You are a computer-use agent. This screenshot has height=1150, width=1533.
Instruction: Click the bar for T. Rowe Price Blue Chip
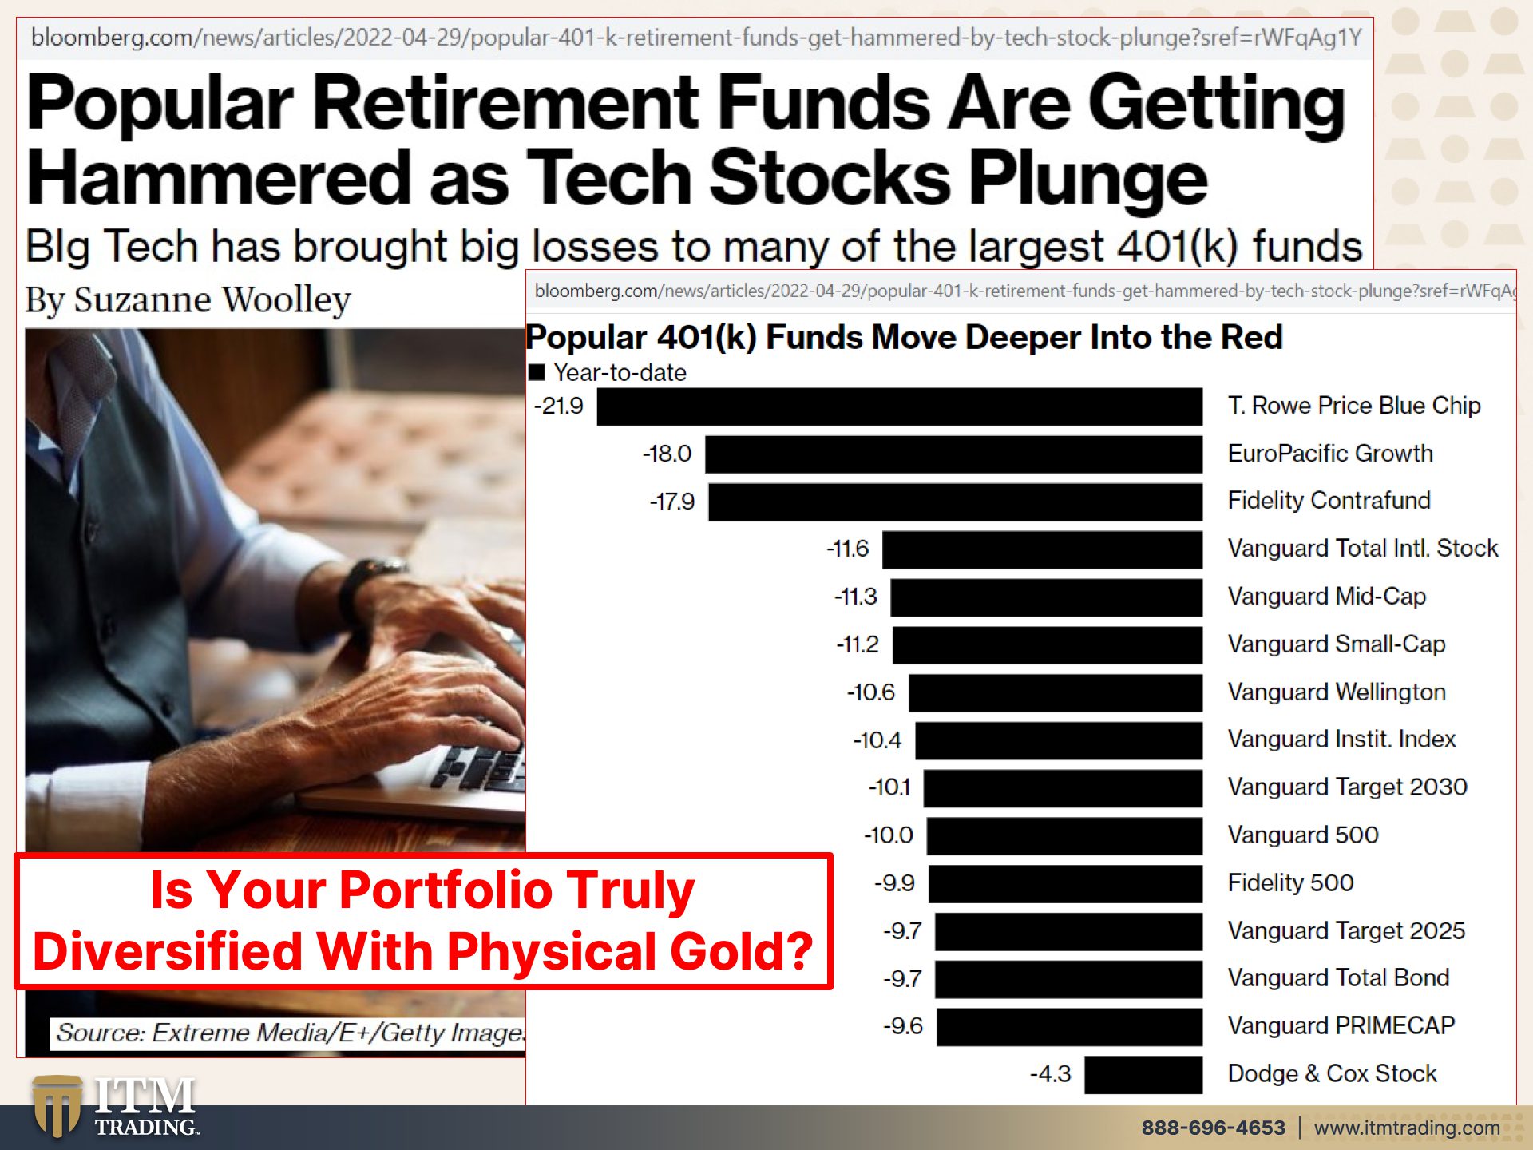pyautogui.click(x=900, y=406)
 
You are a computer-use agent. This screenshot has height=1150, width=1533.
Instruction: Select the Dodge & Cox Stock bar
pyautogui.click(x=1143, y=1074)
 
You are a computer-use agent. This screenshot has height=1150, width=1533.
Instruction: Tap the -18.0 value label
pyautogui.click(x=667, y=454)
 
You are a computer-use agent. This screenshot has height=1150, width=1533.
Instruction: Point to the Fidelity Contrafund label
pyautogui.click(x=1329, y=501)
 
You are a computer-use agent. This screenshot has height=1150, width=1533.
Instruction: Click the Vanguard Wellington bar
pyautogui.click(x=1056, y=692)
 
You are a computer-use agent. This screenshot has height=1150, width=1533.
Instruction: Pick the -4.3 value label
pyautogui.click(x=1050, y=1074)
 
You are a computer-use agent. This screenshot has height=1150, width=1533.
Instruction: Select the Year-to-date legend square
pyautogui.click(x=537, y=372)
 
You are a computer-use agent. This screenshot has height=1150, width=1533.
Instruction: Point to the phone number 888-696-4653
pyautogui.click(x=1213, y=1128)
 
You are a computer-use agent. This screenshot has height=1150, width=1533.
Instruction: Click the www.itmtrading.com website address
pyautogui.click(x=1407, y=1128)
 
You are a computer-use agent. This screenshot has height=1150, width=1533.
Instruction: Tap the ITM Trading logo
pyautogui.click(x=116, y=1107)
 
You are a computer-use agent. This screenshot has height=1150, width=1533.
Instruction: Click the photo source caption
pyautogui.click(x=289, y=1033)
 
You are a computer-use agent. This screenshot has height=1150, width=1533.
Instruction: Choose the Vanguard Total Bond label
pyautogui.click(x=1338, y=978)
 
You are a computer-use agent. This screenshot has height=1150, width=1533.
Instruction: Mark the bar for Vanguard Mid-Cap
pyautogui.click(x=1047, y=597)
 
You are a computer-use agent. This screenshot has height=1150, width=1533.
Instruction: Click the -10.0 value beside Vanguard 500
pyautogui.click(x=888, y=835)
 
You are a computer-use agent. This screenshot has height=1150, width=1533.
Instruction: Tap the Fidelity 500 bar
pyautogui.click(x=1066, y=884)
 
